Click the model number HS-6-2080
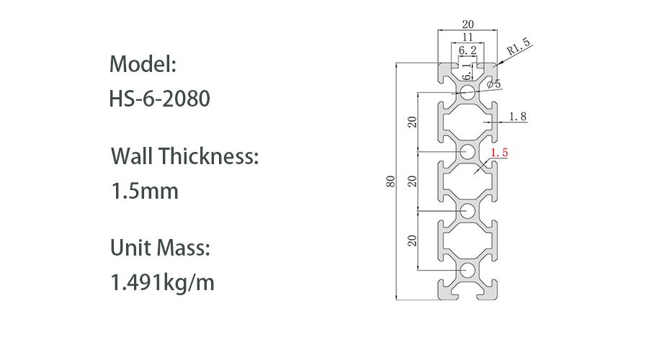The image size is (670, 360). point(160,99)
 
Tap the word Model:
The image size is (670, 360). point(143,64)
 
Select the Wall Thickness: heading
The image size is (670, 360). point(184,156)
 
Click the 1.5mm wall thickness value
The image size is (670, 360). point(144,191)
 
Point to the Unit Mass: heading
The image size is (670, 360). point(160,248)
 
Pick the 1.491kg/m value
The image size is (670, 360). point(162,283)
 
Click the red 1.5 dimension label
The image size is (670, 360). point(499,153)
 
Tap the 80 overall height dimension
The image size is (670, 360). point(390,181)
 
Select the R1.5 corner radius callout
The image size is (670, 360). point(518,47)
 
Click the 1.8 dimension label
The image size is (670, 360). point(517,116)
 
